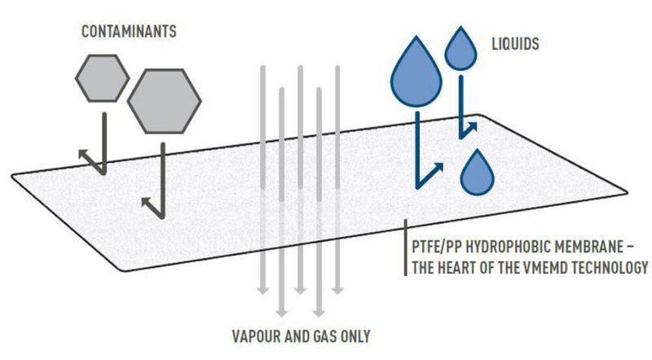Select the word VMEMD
click(544, 266)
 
